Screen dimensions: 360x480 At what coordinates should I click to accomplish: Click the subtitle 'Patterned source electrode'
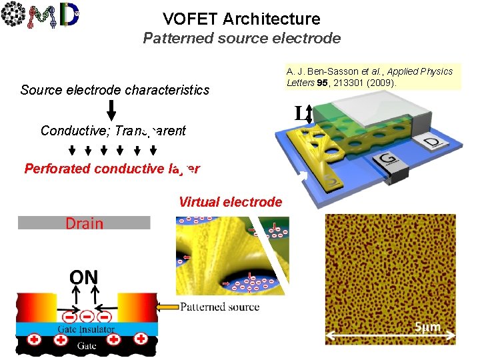(241, 39)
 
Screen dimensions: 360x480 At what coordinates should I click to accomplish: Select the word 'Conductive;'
(75, 131)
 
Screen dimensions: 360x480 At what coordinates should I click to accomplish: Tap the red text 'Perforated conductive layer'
(112, 169)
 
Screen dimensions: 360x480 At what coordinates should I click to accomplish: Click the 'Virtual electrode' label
(230, 202)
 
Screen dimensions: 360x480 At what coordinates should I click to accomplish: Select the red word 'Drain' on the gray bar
(84, 223)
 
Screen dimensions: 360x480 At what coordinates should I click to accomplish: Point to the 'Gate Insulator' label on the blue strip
(87, 329)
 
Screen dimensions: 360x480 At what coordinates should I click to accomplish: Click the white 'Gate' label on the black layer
(87, 346)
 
